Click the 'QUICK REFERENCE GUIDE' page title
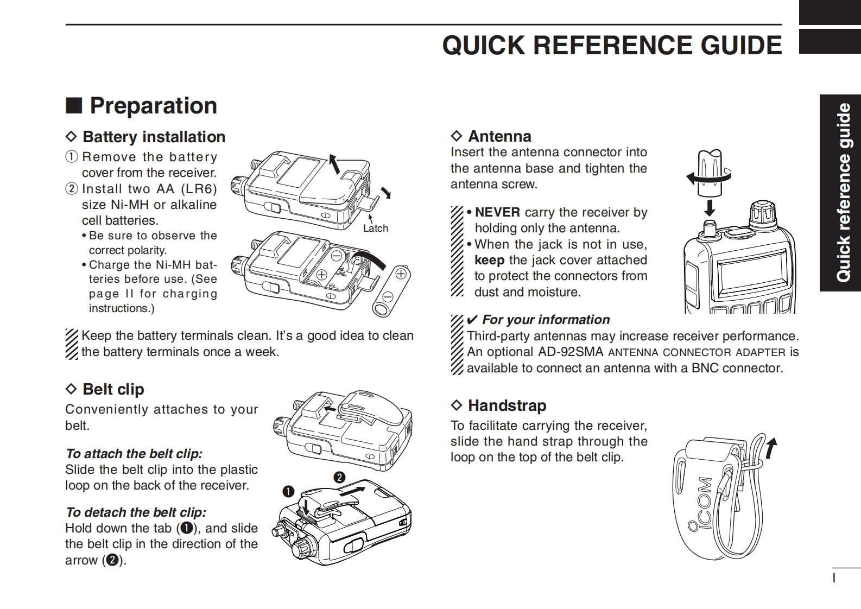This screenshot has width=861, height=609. click(612, 45)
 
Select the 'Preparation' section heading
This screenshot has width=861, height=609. click(153, 105)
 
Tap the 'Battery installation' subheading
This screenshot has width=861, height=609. click(154, 137)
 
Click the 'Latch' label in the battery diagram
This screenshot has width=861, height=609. click(376, 229)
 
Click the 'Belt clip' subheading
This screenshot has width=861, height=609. click(113, 389)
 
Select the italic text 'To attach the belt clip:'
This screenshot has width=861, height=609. click(134, 454)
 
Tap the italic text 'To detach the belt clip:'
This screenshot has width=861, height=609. click(136, 512)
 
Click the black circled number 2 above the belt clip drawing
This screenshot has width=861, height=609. click(339, 478)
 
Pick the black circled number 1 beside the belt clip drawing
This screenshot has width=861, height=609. click(288, 492)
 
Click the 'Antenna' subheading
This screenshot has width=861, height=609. click(499, 136)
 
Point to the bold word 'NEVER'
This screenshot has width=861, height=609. click(497, 212)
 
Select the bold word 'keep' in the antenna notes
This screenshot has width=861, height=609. click(489, 260)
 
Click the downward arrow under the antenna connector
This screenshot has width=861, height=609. click(709, 207)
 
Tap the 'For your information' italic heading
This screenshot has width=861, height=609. click(546, 320)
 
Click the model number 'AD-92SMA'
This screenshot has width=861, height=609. click(571, 352)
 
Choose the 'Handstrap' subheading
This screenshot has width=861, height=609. click(507, 405)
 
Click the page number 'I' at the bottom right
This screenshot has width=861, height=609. click(834, 578)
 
